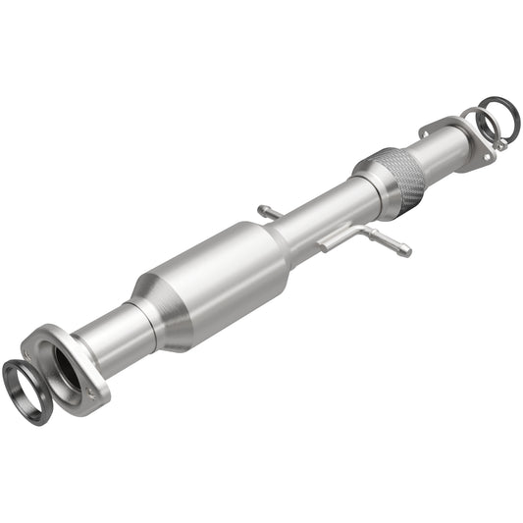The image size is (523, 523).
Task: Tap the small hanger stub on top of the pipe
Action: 266,211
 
